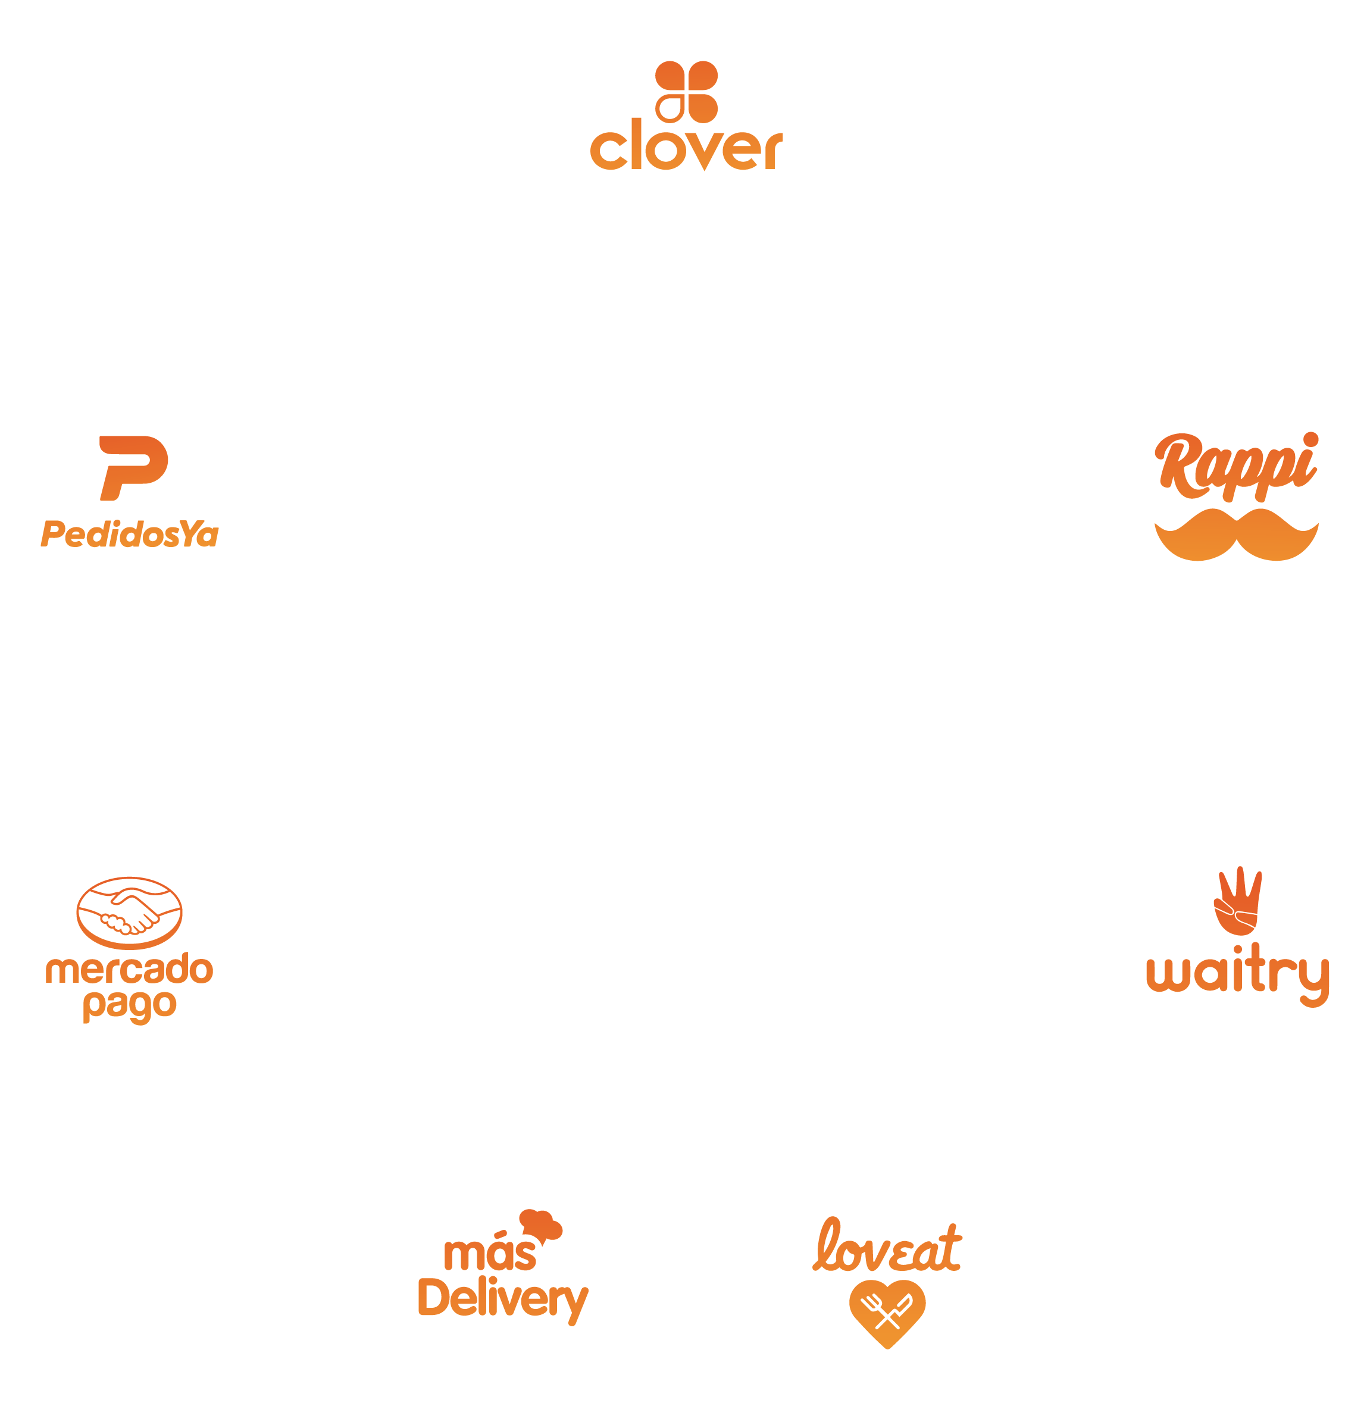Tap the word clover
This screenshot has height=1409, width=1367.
click(x=686, y=148)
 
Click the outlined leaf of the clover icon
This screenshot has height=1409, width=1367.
click(x=670, y=108)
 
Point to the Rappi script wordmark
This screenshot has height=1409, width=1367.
click(x=1235, y=468)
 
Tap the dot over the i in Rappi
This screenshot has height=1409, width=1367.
click(x=1310, y=439)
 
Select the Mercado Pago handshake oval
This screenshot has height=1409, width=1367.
click(x=129, y=913)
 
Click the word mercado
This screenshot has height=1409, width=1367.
click(x=129, y=970)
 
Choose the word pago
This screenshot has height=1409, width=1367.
click(x=129, y=1006)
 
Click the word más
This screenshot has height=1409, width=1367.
click(x=490, y=1254)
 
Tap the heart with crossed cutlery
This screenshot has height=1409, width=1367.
click(x=887, y=1312)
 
